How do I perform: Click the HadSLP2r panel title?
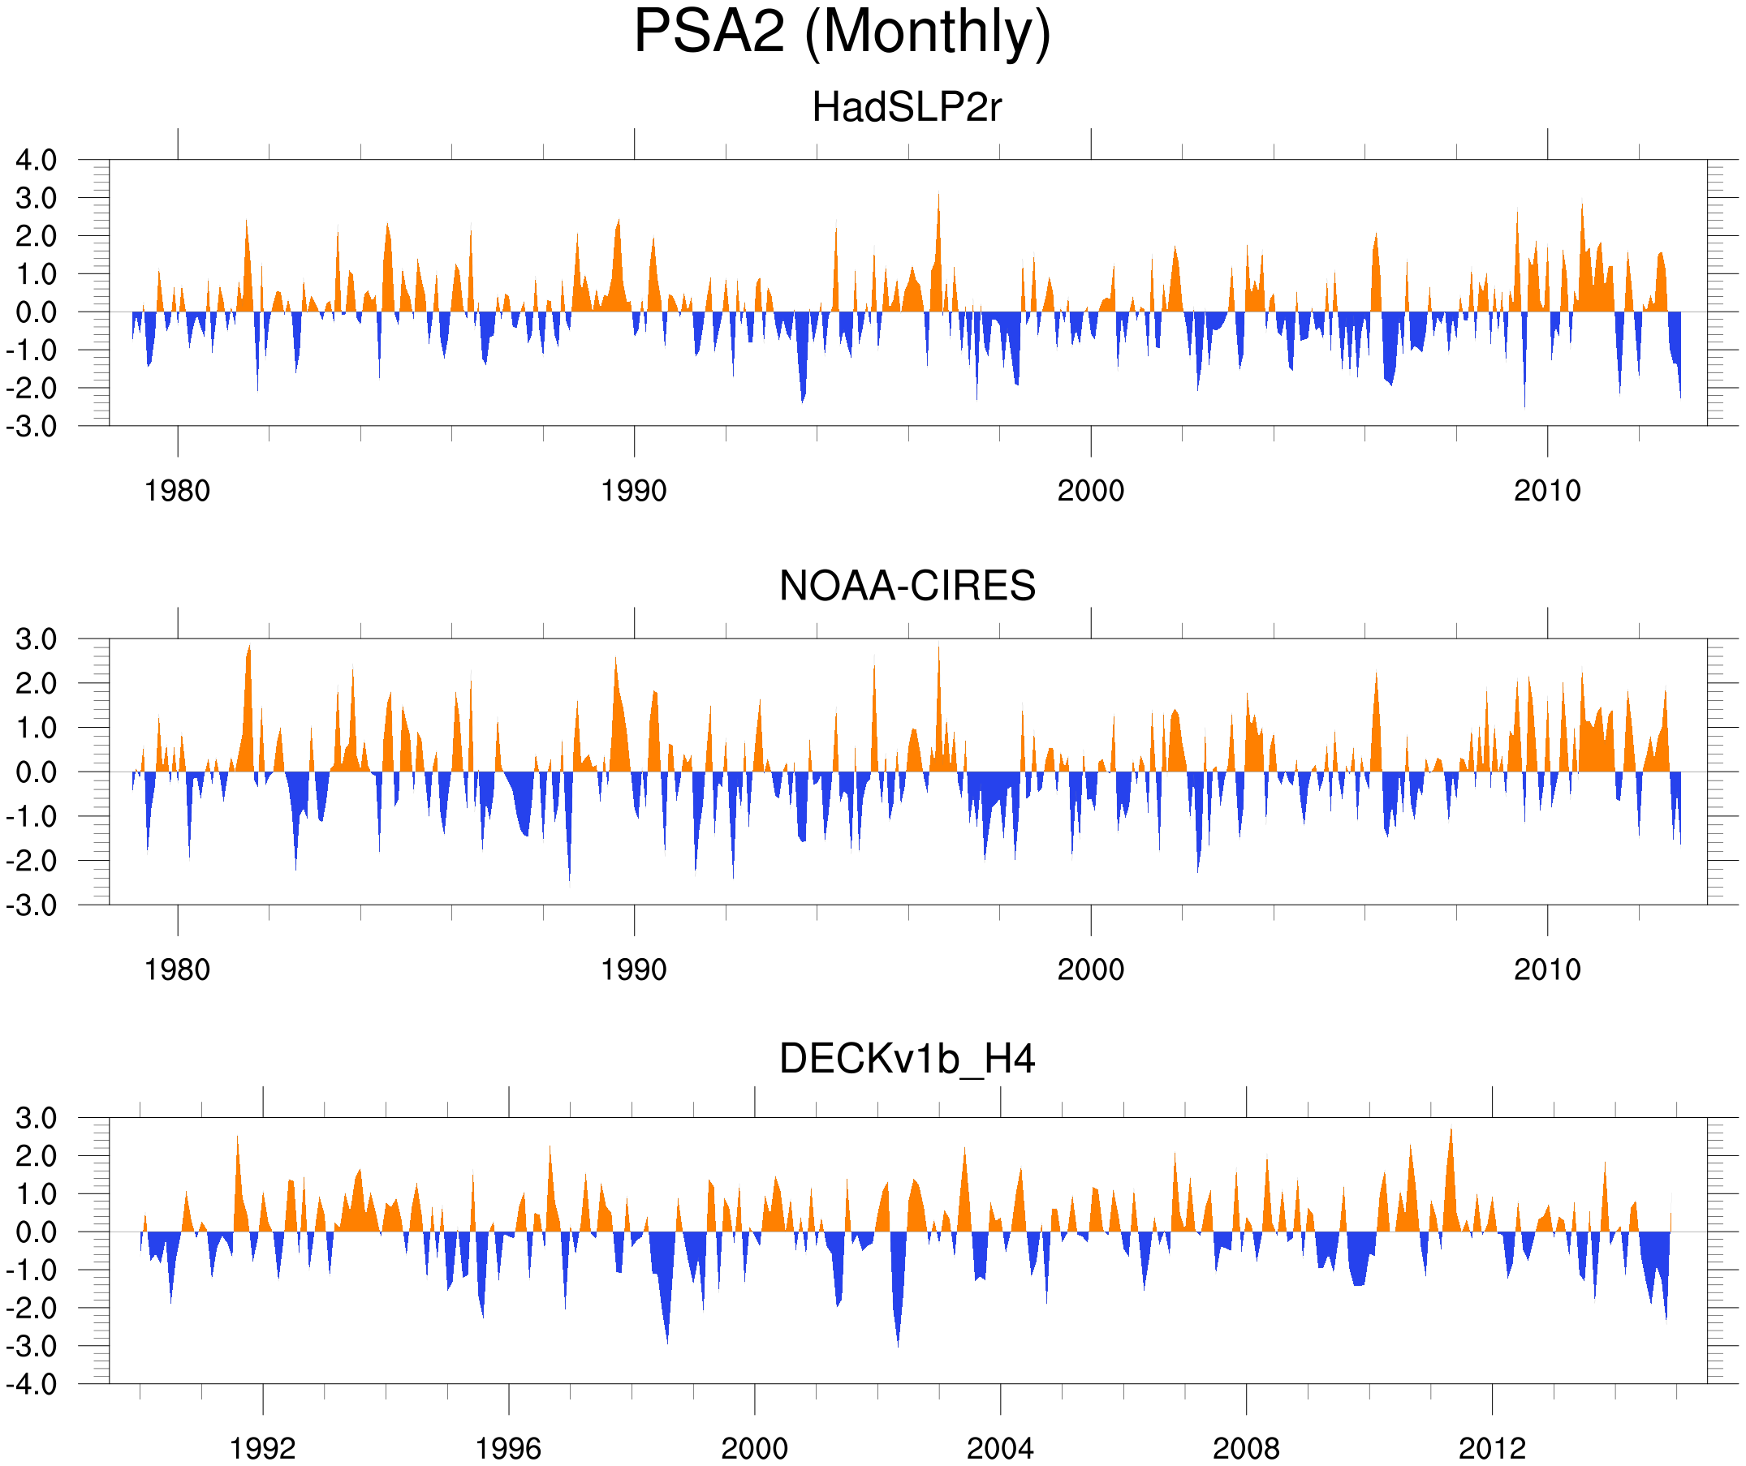pyautogui.click(x=906, y=107)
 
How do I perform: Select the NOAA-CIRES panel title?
pyautogui.click(x=906, y=586)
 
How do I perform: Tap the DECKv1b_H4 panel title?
pyautogui.click(x=906, y=1059)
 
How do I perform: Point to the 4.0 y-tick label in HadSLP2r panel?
pyautogui.click(x=36, y=160)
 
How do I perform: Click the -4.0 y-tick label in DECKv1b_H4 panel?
pyautogui.click(x=32, y=1384)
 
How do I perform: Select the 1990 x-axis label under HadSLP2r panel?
pyautogui.click(x=634, y=490)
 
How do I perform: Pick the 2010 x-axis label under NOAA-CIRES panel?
pyautogui.click(x=1546, y=969)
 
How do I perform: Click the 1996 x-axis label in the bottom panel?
pyautogui.click(x=508, y=1448)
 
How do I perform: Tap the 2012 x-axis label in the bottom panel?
pyautogui.click(x=1492, y=1448)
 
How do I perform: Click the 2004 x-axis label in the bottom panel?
pyautogui.click(x=999, y=1448)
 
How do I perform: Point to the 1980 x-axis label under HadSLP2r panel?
pyautogui.click(x=177, y=490)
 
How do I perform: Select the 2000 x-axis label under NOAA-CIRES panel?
pyautogui.click(x=1090, y=969)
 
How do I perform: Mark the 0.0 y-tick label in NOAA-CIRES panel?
pyautogui.click(x=36, y=772)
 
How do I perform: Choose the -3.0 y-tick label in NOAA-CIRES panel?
pyautogui.click(x=32, y=905)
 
